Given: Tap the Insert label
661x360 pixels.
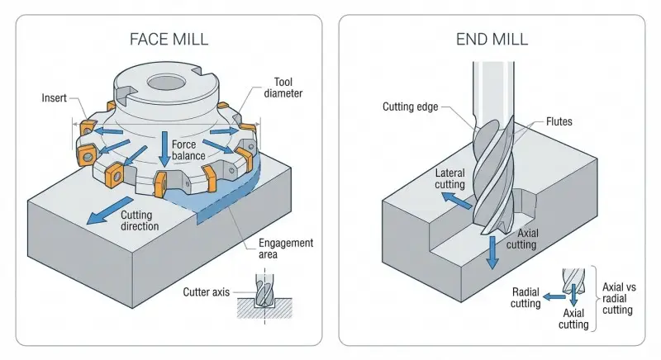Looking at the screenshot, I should (55, 97).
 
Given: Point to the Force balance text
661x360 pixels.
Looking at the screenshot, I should (188, 149).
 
